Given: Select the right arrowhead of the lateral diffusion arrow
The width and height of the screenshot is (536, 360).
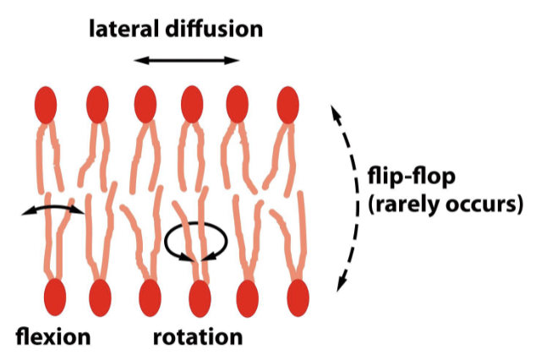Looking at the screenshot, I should point(236,60).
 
